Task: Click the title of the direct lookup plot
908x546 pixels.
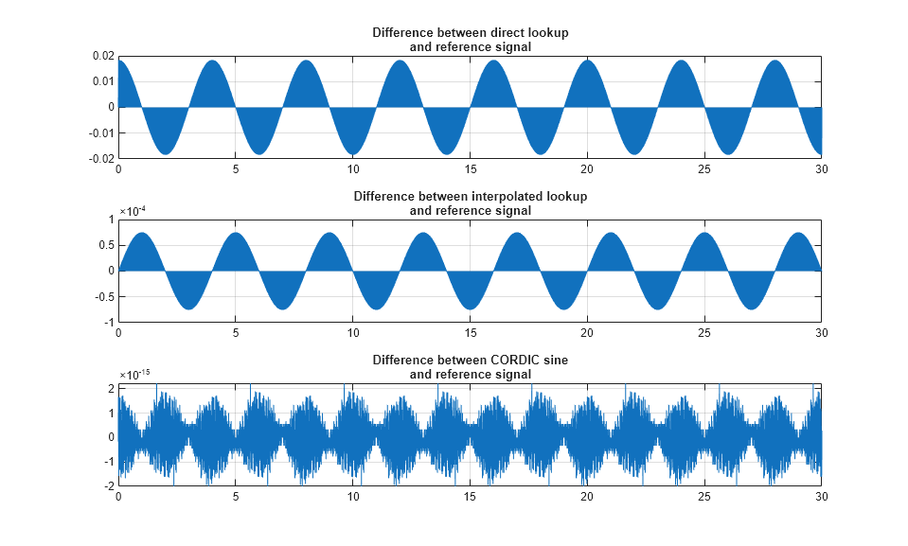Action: (x=470, y=40)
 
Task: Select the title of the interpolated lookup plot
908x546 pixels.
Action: (x=470, y=203)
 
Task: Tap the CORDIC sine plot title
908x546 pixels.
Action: (x=470, y=367)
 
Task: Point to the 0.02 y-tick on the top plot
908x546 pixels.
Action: (x=103, y=56)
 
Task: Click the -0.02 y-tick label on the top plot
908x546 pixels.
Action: (x=101, y=158)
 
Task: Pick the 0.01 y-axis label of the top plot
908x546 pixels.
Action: (x=103, y=81)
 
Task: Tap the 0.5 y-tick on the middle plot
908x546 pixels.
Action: (x=106, y=245)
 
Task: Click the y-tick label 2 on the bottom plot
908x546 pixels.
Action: (x=111, y=389)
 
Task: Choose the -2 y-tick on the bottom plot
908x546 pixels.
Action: (x=109, y=485)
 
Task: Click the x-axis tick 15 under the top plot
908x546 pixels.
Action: (x=470, y=169)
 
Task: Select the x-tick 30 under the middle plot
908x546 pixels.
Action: (x=820, y=333)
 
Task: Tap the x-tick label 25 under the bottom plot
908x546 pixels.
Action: (x=703, y=498)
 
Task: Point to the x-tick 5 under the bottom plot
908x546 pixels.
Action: (x=236, y=498)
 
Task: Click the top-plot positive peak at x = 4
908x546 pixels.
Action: (x=212, y=62)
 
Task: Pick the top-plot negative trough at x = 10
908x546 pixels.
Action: (x=353, y=151)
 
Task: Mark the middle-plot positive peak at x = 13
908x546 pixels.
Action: (x=423, y=235)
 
